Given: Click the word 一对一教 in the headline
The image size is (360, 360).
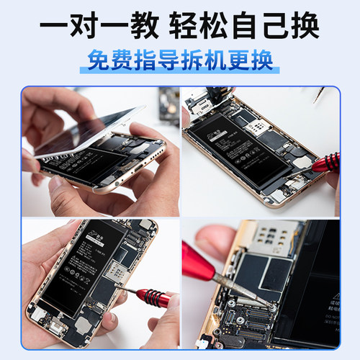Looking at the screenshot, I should pos(100,27).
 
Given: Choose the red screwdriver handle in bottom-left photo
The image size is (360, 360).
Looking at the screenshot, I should pos(153,295).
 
